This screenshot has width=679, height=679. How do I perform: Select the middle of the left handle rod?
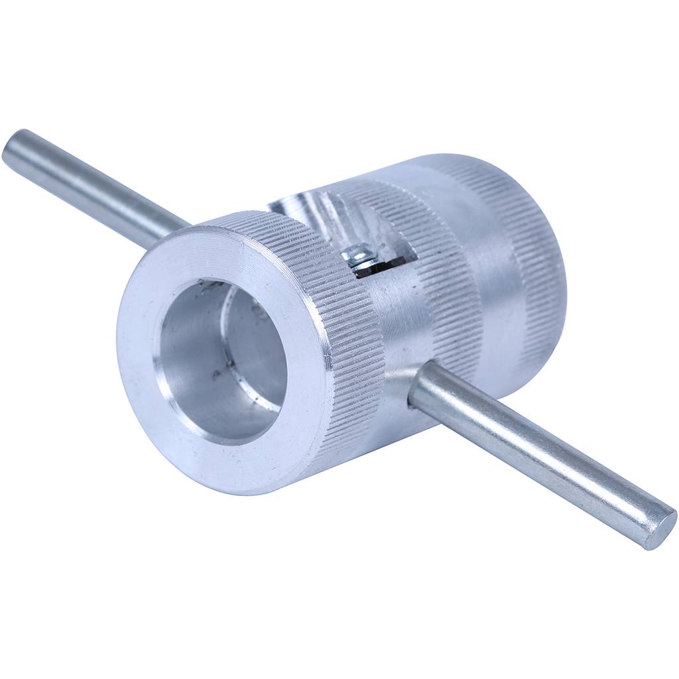point(93,186)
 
